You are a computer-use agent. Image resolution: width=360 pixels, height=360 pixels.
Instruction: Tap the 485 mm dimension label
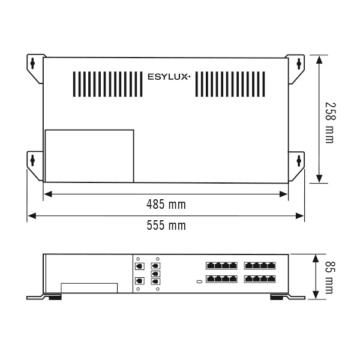pos(166,205)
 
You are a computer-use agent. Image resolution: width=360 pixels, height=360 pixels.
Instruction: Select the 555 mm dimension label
pos(166,226)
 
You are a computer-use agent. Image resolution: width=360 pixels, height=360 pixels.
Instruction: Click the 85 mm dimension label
pos(329,276)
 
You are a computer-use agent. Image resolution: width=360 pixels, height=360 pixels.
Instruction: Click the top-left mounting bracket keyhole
pos(34,62)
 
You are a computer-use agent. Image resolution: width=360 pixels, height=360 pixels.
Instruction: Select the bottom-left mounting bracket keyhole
pos(34,160)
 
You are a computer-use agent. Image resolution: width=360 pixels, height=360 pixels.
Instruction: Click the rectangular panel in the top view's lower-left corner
pos(89,156)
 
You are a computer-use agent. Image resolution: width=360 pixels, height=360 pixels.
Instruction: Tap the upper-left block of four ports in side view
pos(221,265)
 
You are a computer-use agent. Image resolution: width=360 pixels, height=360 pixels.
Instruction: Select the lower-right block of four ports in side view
pos(260,279)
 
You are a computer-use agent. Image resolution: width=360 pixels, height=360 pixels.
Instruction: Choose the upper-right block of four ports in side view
pos(260,265)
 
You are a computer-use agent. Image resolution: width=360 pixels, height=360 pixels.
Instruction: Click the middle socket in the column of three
pos(156,273)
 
